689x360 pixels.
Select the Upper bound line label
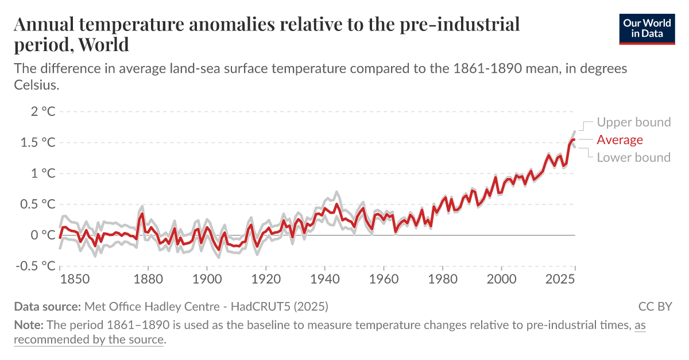point(633,122)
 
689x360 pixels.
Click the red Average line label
point(620,140)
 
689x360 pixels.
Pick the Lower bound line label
point(633,157)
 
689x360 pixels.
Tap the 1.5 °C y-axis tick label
point(36,142)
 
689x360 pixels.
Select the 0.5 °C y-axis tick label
point(36,204)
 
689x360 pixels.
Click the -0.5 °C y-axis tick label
point(33,266)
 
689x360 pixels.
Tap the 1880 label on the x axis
point(148,280)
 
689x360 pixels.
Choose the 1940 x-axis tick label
point(325,280)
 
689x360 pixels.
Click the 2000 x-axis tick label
point(501,280)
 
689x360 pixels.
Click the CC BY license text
point(655,306)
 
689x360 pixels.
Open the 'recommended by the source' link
point(89,339)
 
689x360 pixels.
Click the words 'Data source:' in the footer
point(48,306)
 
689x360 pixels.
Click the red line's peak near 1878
point(142,214)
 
